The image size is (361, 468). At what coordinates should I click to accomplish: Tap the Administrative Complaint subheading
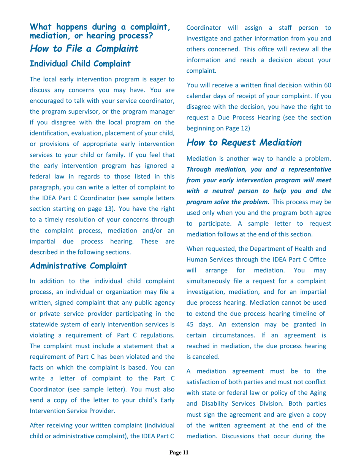tap(78, 266)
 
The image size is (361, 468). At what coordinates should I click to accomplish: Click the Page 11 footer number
tap(179, 452)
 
